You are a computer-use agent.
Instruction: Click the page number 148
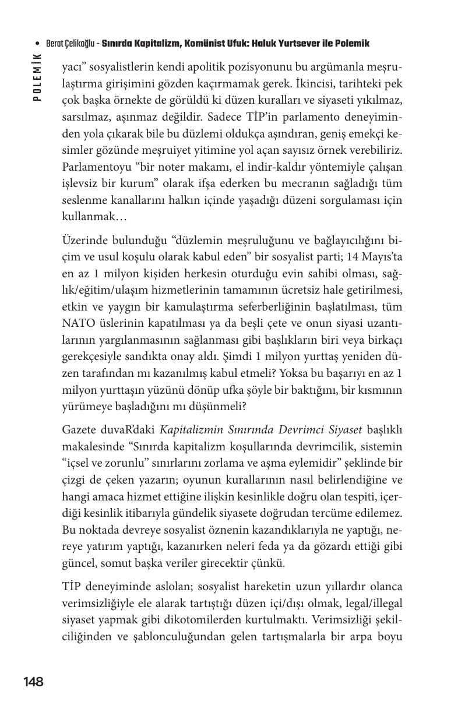coord(33,682)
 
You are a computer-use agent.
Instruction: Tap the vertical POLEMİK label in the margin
coord(37,77)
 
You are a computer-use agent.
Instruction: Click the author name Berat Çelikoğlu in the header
coord(71,44)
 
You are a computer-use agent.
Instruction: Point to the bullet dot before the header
coord(38,44)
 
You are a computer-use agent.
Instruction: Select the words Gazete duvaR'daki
coord(108,430)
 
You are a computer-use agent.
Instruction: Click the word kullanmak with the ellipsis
coord(94,216)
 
